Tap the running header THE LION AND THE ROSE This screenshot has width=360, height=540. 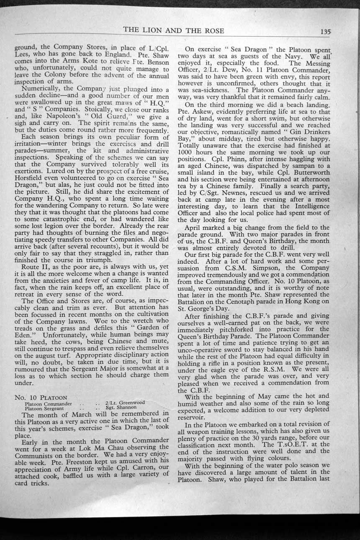point(173,31)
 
